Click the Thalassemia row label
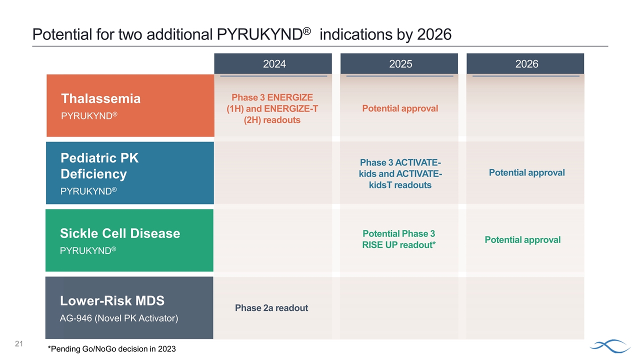point(100,98)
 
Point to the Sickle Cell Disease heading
point(120,233)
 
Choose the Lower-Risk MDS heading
point(112,300)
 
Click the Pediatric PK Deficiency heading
point(99,166)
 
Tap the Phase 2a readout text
point(271,308)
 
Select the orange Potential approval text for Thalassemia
point(400,108)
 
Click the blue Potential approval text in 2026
point(526,172)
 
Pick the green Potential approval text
point(522,239)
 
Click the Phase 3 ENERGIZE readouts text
point(272,108)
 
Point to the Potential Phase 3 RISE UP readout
point(399,239)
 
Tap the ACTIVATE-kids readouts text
point(400,173)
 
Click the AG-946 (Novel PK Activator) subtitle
point(119,318)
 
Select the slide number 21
point(19,343)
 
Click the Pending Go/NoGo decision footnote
point(111,349)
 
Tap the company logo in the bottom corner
point(610,345)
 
